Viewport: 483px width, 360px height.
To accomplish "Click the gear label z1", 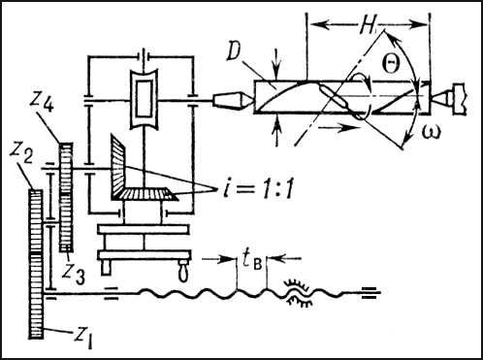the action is click(x=83, y=337).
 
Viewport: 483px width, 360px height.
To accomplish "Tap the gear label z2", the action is click(x=21, y=154).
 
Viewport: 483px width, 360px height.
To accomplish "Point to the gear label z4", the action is click(x=41, y=103).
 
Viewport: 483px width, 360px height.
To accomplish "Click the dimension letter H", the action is click(x=367, y=25).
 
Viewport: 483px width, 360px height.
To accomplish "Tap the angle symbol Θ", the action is click(x=391, y=63).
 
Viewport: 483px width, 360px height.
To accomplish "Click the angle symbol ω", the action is click(x=431, y=132).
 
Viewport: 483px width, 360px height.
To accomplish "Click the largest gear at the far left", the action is click(x=36, y=264).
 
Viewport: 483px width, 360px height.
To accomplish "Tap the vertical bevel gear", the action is click(x=118, y=167).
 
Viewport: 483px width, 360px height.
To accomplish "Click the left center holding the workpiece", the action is click(x=233, y=99).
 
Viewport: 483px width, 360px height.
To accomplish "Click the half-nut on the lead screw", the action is click(x=299, y=293).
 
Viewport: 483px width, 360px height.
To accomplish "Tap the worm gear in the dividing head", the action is click(x=144, y=99).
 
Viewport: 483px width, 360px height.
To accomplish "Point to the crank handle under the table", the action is click(x=182, y=271).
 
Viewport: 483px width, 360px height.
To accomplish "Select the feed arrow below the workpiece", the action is click(x=339, y=127).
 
